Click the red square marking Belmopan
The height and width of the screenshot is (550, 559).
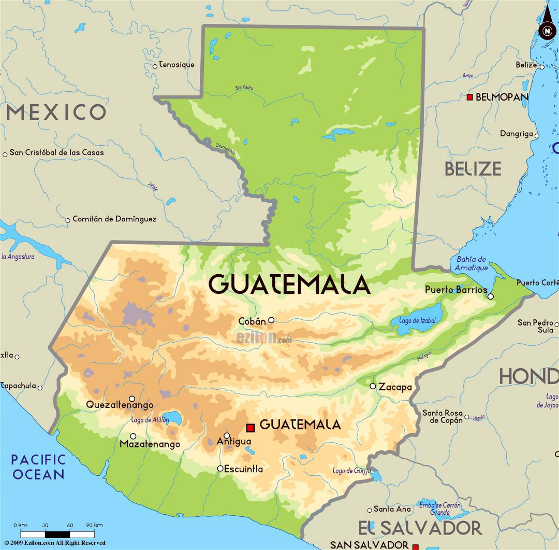click(x=469, y=97)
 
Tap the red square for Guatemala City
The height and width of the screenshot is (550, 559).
click(x=251, y=428)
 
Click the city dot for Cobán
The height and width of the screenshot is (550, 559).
click(x=271, y=320)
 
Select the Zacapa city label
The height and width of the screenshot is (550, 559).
click(x=395, y=387)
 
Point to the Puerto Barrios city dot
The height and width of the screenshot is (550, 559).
click(x=491, y=297)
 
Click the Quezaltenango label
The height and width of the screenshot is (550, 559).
click(x=120, y=405)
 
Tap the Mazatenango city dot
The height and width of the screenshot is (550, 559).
click(x=133, y=436)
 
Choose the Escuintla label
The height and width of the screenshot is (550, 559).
click(x=243, y=469)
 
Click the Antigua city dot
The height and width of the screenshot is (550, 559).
click(x=227, y=435)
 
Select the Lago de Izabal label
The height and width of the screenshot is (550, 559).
click(x=417, y=321)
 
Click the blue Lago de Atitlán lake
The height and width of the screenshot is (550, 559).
click(x=174, y=418)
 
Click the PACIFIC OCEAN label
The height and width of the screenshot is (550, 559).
click(x=39, y=467)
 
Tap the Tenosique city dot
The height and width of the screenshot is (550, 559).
click(x=155, y=66)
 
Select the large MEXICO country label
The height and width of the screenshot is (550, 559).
click(x=56, y=112)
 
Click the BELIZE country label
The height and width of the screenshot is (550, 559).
click(x=473, y=168)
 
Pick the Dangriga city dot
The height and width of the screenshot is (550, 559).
click(x=537, y=136)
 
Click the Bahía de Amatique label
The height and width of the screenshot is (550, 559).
click(x=472, y=263)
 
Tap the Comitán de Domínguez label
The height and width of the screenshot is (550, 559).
click(x=114, y=219)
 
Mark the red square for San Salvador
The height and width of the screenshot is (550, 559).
click(x=415, y=546)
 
